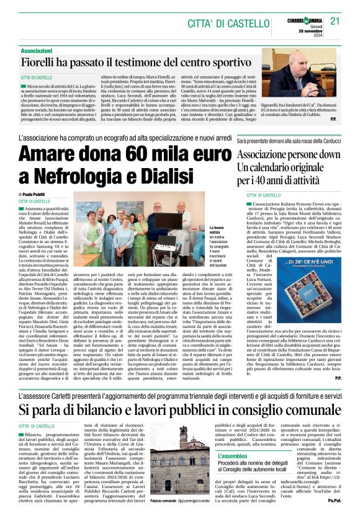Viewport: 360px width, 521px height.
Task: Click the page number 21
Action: coord(336,21)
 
